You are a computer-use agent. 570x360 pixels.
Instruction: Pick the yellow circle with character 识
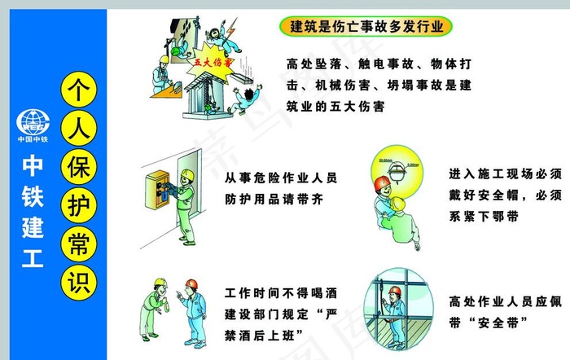(x=78, y=282)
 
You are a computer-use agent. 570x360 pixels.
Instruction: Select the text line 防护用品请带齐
(x=269, y=198)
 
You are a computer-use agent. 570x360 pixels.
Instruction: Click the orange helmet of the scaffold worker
(x=394, y=291)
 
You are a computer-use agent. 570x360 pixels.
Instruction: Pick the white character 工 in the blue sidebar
(x=33, y=260)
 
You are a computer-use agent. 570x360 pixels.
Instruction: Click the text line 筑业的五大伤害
(x=335, y=106)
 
